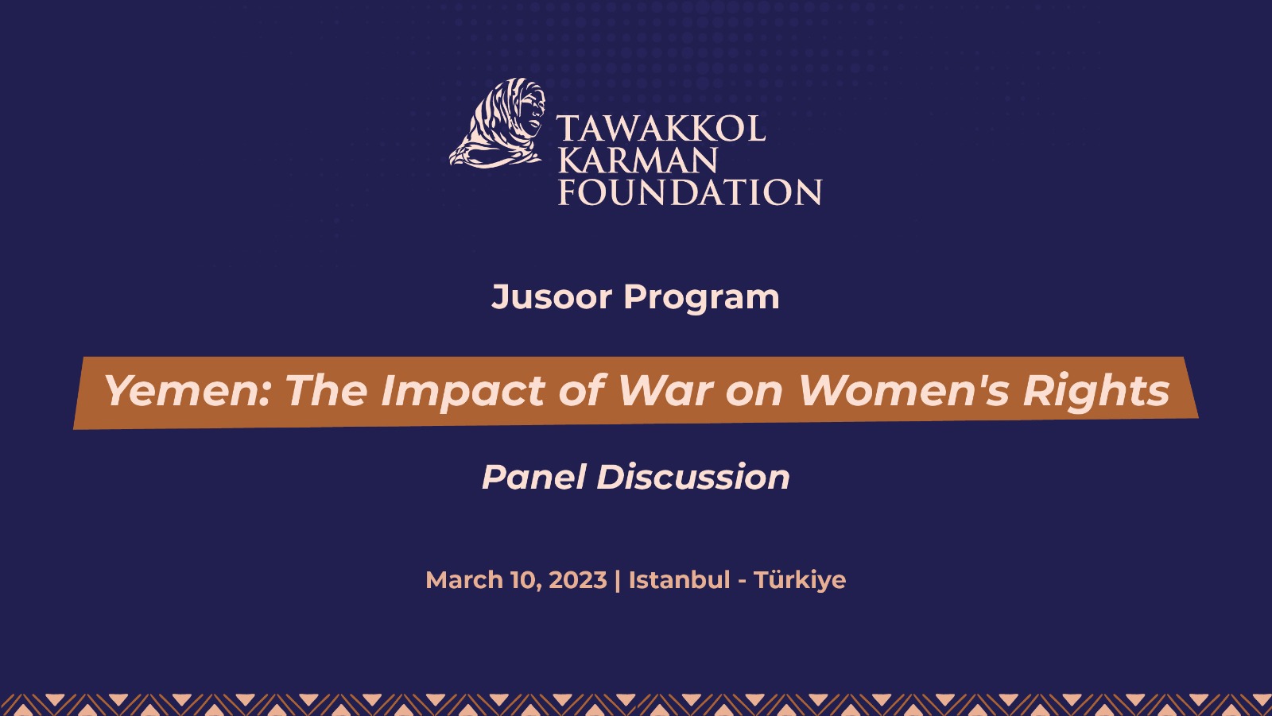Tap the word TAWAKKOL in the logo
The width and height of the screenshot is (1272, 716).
[661, 130]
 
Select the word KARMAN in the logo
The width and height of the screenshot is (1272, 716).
[638, 161]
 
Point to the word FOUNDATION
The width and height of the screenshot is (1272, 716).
[690, 193]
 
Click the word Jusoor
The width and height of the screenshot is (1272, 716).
[552, 297]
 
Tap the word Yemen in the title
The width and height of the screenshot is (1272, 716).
[188, 391]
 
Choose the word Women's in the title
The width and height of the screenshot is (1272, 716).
[904, 391]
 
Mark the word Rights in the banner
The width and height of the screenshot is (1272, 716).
[1096, 391]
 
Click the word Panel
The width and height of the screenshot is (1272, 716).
[533, 478]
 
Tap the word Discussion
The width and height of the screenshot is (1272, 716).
[693, 478]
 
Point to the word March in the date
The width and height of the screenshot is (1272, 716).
[464, 580]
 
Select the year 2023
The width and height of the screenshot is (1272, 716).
[578, 580]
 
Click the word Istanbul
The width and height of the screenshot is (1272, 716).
[679, 580]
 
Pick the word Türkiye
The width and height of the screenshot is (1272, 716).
[800, 580]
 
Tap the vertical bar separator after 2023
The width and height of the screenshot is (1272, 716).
[618, 580]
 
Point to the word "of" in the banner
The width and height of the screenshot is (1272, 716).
[582, 391]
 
